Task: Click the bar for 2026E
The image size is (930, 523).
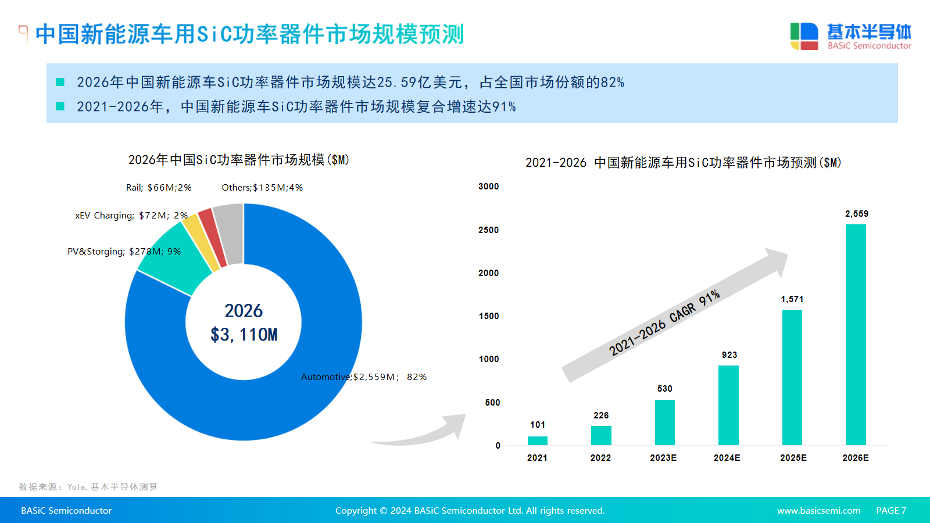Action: pyautogui.click(x=856, y=335)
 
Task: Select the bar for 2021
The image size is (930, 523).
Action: pyautogui.click(x=538, y=440)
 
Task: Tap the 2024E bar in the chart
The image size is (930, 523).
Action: pyautogui.click(x=728, y=405)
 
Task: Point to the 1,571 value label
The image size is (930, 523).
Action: pyautogui.click(x=792, y=299)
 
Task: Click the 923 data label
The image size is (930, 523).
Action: pyautogui.click(x=729, y=355)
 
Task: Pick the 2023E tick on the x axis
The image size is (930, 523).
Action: pyautogui.click(x=663, y=458)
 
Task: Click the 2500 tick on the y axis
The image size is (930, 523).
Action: pyautogui.click(x=488, y=230)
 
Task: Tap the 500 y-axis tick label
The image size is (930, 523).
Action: pyautogui.click(x=492, y=403)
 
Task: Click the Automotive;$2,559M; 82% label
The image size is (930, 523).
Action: pyautogui.click(x=364, y=377)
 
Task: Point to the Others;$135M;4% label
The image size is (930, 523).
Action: pyautogui.click(x=262, y=188)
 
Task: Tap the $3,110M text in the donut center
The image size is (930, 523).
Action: pyautogui.click(x=244, y=335)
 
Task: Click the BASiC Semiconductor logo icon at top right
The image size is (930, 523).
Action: pyautogui.click(x=804, y=36)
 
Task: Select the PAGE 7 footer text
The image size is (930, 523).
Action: pyautogui.click(x=891, y=511)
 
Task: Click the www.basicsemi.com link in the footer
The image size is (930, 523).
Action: pyautogui.click(x=818, y=511)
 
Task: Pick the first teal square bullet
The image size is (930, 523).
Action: pyautogui.click(x=60, y=82)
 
